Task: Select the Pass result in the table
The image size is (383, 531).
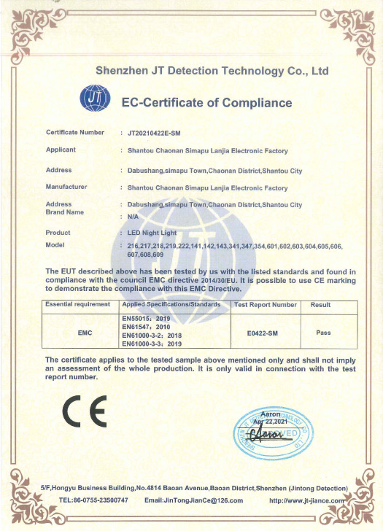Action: (x=323, y=333)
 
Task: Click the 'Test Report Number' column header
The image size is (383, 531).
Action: (x=264, y=304)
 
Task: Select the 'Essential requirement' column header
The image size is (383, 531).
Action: (x=78, y=304)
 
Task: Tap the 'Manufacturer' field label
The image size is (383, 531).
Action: (x=66, y=187)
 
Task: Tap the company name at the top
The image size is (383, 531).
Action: (x=212, y=71)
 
